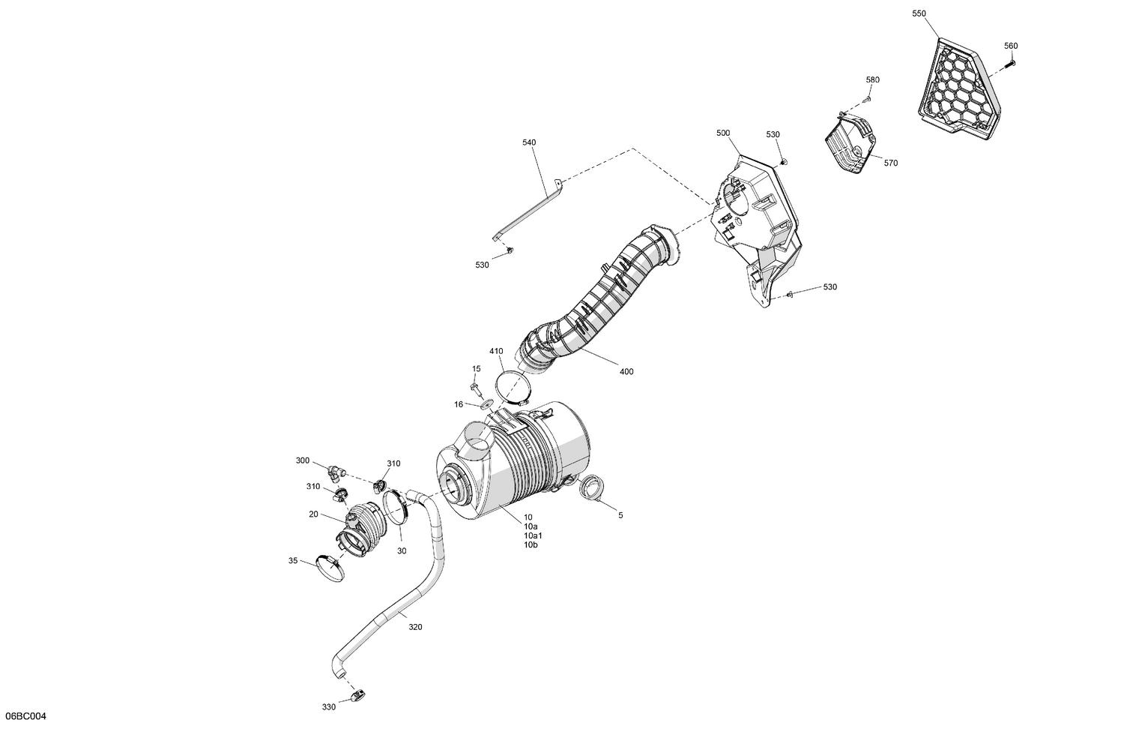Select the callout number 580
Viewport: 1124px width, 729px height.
coord(873,80)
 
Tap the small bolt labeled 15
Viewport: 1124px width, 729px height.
coord(475,387)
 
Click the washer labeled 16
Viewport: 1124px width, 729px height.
coord(485,403)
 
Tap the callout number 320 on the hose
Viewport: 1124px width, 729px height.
coord(415,626)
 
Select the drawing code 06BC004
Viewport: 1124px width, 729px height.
coord(25,717)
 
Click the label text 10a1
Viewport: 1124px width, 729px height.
coord(533,535)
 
